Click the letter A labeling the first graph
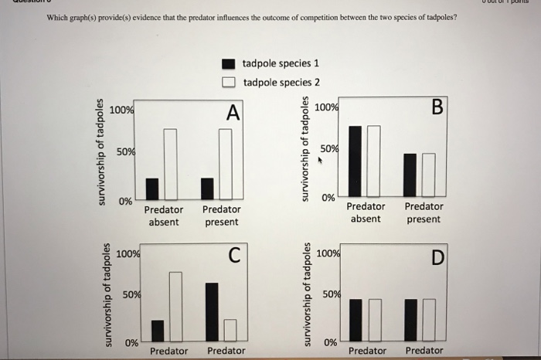[x=233, y=113]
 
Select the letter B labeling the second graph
[x=437, y=107]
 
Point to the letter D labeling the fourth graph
[x=438, y=257]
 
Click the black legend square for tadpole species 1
[x=228, y=64]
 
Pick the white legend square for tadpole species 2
[x=228, y=82]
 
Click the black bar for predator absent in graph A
[x=152, y=188]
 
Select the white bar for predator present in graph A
[x=225, y=164]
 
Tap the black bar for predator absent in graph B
[x=355, y=161]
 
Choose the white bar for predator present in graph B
[x=428, y=175]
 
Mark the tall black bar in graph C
[x=212, y=312]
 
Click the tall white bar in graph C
[x=175, y=307]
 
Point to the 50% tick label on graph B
[x=328, y=148]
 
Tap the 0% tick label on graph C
[x=132, y=342]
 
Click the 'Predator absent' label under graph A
[x=164, y=216]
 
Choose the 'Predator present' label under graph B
[x=424, y=212]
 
